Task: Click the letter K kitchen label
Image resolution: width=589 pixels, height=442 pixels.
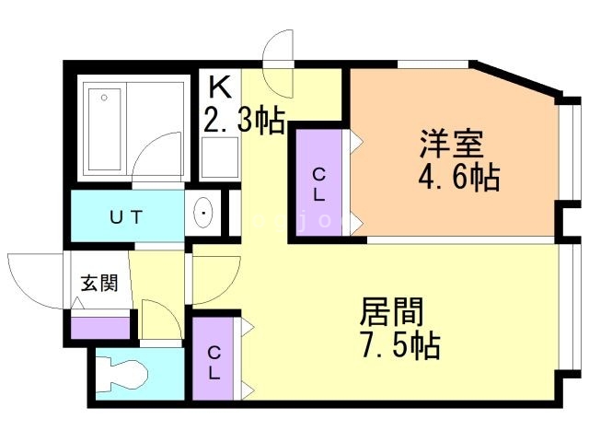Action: tap(220, 87)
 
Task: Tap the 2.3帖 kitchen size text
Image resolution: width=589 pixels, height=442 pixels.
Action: tap(243, 121)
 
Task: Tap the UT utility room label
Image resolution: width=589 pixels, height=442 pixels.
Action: tap(126, 217)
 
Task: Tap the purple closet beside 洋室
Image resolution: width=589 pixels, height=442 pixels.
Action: tap(318, 182)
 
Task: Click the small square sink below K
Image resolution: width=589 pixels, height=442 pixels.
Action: tap(219, 161)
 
